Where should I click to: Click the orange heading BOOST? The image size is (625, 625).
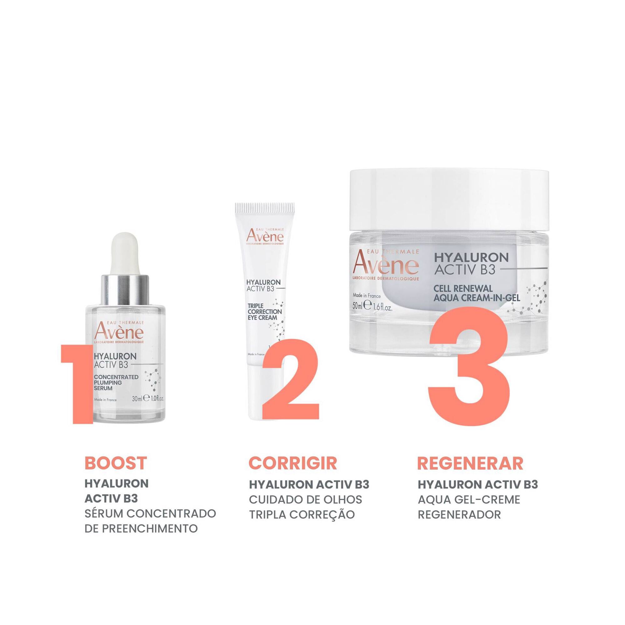pos(116,463)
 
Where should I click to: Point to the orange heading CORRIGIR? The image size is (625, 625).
pos(293,463)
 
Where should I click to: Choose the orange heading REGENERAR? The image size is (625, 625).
pos(470,463)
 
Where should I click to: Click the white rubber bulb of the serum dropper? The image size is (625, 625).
pos(125,256)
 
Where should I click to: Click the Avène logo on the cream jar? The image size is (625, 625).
pos(385,264)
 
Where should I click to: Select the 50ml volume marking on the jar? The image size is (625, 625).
pos(359,306)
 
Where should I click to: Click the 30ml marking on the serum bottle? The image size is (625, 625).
pos(137,399)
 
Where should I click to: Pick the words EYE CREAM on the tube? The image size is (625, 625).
pos(262,317)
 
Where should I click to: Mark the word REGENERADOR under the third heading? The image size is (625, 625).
pos(459,514)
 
